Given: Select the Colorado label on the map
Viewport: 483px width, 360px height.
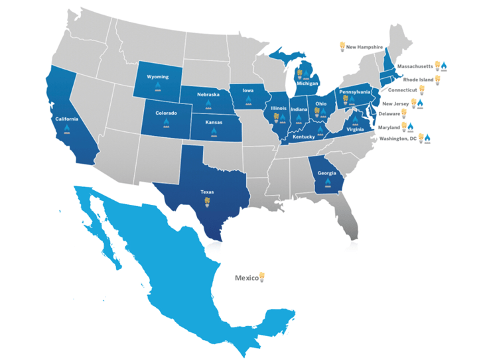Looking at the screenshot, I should [166, 113].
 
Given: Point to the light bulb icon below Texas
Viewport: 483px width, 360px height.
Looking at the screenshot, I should [208, 200].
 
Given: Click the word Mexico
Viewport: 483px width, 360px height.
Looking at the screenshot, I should [246, 278].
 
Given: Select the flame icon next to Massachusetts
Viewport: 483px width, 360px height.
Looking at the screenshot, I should [445, 66].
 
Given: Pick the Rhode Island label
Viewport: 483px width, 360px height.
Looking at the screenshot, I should [416, 78].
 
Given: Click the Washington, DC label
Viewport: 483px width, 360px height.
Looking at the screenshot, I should [397, 139].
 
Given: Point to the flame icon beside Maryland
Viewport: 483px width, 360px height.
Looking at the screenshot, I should [411, 126].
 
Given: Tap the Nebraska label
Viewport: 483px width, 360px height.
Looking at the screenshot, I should [208, 95].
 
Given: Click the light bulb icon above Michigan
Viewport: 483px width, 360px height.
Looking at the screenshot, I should [299, 73].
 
